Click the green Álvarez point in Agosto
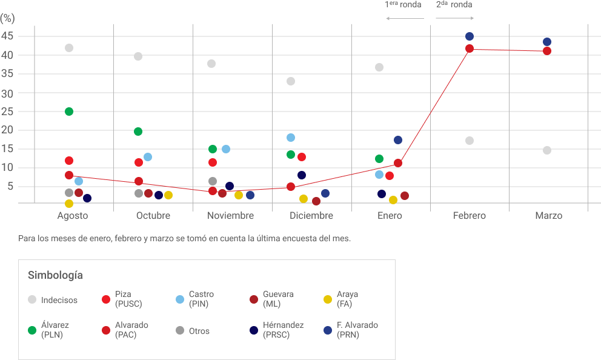(69, 112)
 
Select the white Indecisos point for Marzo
(547, 150)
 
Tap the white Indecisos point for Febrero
(470, 141)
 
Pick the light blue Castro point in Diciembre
(291, 138)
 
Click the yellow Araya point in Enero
(393, 200)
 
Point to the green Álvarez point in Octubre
(138, 132)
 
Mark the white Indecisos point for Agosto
(69, 48)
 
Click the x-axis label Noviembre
(230, 216)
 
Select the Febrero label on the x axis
(470, 216)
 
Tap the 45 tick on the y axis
(7, 36)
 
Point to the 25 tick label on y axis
(7, 112)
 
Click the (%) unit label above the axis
(7, 18)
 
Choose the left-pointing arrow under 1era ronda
(405, 18)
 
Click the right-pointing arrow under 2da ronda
(454, 18)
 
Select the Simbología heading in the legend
(55, 275)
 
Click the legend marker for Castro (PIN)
(180, 299)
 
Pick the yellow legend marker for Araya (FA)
(328, 299)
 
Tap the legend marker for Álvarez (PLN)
(32, 330)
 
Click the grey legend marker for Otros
(180, 330)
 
